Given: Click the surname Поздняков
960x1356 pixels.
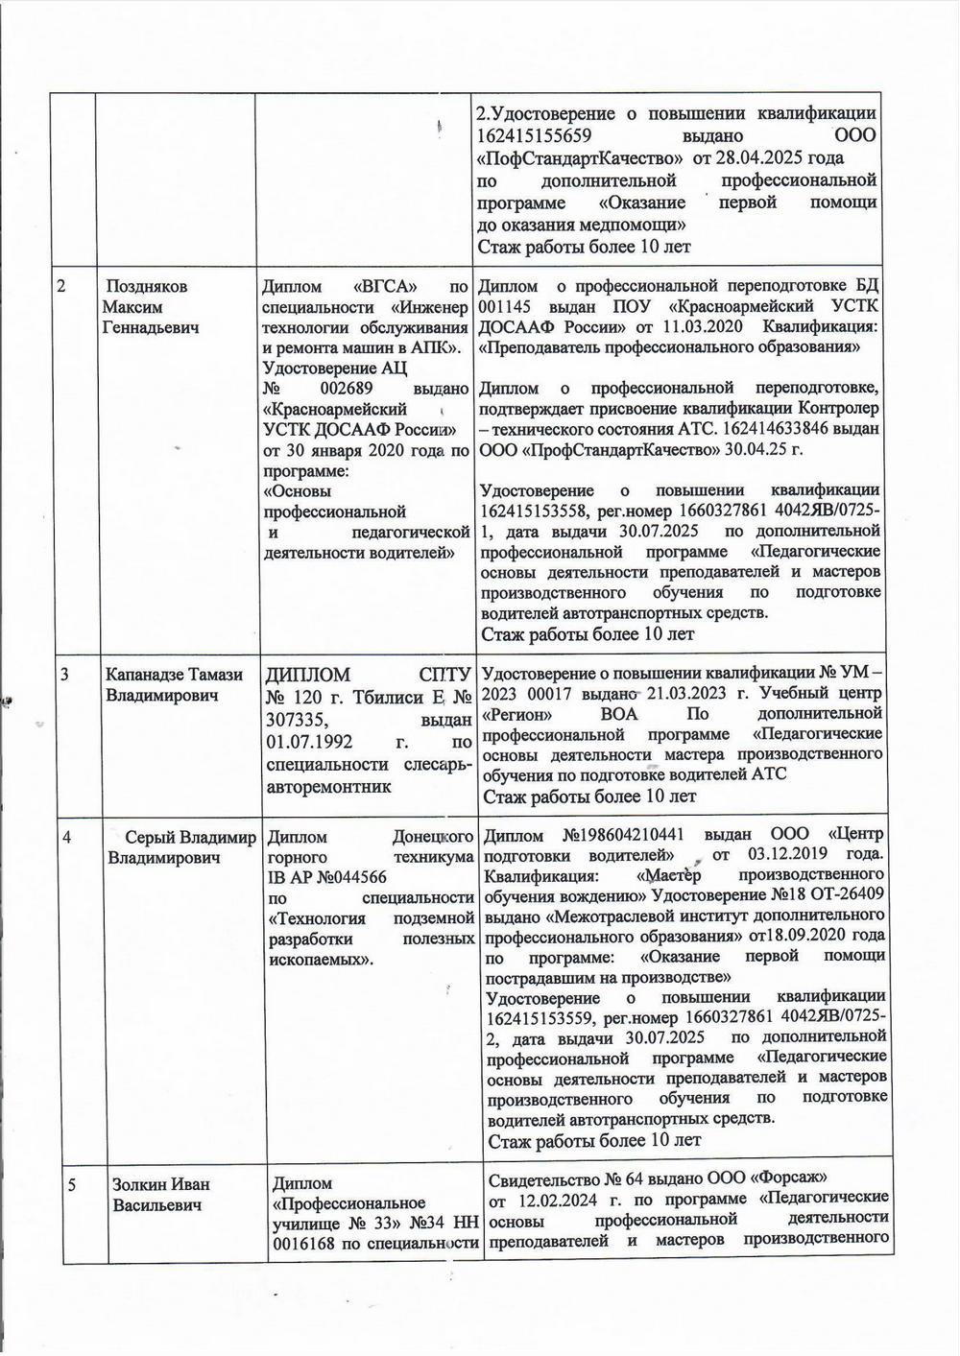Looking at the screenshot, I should [147, 287].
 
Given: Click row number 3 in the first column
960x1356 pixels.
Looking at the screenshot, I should [64, 675].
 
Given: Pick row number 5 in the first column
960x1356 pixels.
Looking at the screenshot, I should [72, 1185].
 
